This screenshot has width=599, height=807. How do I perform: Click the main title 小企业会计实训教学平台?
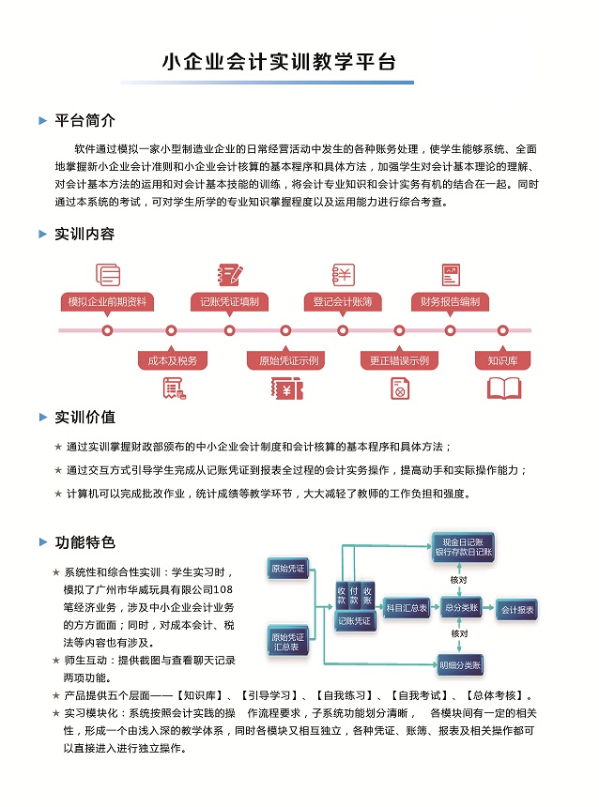click(279, 63)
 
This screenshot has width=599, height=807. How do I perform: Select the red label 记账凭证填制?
click(229, 302)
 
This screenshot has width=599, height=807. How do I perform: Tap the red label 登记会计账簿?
click(343, 302)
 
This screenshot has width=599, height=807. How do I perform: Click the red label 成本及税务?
click(173, 360)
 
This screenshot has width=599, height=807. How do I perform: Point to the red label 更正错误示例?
click(399, 360)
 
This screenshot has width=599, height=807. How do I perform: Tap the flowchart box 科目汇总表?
click(407, 608)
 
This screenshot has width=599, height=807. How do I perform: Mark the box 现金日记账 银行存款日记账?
click(464, 547)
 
